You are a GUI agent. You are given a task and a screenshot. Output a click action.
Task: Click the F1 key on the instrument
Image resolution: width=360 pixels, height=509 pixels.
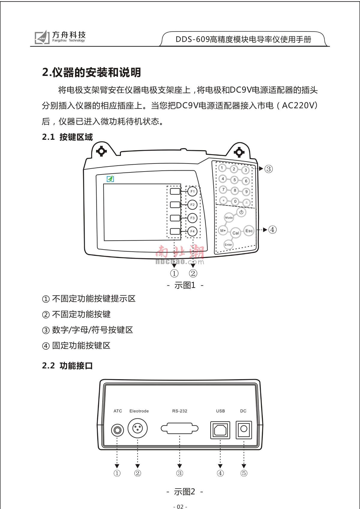tap(192, 191)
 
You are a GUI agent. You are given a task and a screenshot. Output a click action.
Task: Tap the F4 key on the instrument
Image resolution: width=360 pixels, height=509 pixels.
tap(192, 231)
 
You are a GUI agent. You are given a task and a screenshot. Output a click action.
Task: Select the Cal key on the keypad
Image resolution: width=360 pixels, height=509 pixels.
tap(236, 233)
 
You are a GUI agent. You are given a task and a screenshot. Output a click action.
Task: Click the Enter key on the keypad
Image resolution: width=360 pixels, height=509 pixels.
tap(228, 244)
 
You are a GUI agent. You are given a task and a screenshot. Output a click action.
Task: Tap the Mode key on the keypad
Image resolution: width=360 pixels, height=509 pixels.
tap(229, 217)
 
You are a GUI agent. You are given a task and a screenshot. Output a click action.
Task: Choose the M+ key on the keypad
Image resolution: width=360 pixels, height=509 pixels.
tap(223, 231)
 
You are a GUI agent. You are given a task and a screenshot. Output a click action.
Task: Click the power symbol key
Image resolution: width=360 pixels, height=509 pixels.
tap(241, 212)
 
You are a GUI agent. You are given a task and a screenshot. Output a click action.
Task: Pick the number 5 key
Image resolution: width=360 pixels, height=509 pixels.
tap(235, 180)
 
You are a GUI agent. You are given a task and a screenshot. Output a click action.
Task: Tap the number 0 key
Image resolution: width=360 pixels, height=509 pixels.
tap(235, 202)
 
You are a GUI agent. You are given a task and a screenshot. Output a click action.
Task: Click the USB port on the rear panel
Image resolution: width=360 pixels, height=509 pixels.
tap(220, 430)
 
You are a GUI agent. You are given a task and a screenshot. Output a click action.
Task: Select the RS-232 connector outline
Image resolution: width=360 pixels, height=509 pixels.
tap(179, 429)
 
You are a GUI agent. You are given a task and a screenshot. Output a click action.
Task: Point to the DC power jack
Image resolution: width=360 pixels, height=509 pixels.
tap(244, 430)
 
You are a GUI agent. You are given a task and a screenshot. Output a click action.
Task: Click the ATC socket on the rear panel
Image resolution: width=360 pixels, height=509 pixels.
tap(117, 430)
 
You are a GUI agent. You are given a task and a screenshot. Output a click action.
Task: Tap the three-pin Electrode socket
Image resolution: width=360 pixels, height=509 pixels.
tap(138, 428)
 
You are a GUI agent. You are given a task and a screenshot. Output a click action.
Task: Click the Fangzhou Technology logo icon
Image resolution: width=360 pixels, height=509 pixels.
tap(42, 37)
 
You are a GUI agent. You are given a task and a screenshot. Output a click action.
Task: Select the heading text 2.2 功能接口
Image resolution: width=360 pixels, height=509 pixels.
tap(67, 366)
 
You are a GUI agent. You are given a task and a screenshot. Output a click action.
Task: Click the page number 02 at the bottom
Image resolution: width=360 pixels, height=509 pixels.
tap(180, 507)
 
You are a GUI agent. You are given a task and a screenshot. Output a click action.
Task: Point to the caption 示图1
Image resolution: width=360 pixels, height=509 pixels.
tap(185, 285)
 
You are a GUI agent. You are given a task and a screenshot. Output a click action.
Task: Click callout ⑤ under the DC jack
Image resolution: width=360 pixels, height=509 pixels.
tap(244, 473)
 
